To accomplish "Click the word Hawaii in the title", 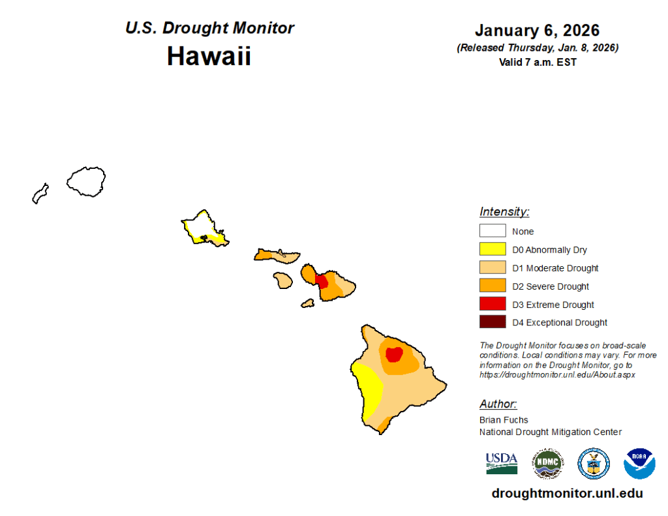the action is click(x=209, y=56).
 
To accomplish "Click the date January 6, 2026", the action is click(x=538, y=30).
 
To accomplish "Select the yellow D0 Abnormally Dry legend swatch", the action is click(x=493, y=249).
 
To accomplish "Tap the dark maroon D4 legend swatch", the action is click(x=493, y=322).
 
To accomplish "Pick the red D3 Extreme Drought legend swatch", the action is click(x=493, y=303).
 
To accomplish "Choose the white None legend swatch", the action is click(x=493, y=230).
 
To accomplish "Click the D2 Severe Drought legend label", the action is click(x=551, y=286).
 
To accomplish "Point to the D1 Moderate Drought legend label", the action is click(x=555, y=268).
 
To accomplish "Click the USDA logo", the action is click(x=502, y=464).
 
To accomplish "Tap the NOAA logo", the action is click(x=639, y=464).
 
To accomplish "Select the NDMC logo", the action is click(x=548, y=463).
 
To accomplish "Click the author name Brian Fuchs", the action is click(x=504, y=419).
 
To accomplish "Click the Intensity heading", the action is click(x=504, y=212).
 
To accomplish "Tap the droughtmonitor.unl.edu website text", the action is click(x=567, y=493).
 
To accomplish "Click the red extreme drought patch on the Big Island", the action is click(x=394, y=354).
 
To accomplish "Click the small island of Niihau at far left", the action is click(x=40, y=194).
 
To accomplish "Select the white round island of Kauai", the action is click(x=86, y=181).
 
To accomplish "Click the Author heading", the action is click(x=498, y=404).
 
